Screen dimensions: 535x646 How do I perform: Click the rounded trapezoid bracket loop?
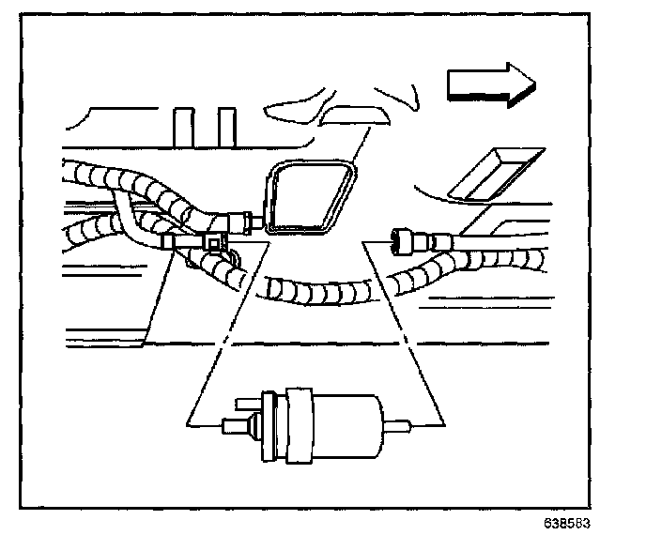coord(309,197)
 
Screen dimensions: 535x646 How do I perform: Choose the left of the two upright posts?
coord(185,127)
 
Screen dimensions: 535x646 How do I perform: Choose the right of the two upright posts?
coord(226,127)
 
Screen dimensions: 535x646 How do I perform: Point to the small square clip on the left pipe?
coord(217,244)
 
